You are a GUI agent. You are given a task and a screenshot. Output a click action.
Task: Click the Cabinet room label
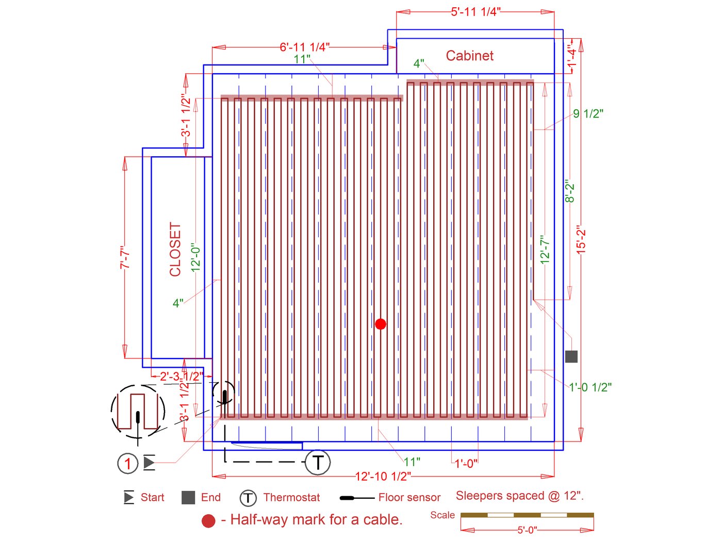pos(469,56)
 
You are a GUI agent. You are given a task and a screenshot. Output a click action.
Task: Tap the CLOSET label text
pos(175,249)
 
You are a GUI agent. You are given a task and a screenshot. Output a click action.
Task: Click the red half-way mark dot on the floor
pos(381,324)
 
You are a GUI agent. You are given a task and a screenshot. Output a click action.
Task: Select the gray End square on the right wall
pos(571,356)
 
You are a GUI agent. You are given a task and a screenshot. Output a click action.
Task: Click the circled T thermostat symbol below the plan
pos(318,462)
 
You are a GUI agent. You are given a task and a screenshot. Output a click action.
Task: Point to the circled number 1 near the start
pos(127,463)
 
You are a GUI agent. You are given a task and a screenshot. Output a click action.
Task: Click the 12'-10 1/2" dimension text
pos(383,476)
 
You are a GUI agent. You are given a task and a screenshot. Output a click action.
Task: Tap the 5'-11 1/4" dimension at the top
pos(475,12)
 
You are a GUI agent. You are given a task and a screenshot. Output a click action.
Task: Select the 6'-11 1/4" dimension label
pos(304,47)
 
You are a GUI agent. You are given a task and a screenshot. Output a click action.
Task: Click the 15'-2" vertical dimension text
pos(581,239)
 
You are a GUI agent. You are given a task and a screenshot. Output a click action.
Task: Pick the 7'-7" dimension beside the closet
pos(125,257)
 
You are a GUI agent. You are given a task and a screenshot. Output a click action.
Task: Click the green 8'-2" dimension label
pos(569,191)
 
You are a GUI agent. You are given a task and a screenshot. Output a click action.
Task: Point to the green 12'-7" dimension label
pos(545,250)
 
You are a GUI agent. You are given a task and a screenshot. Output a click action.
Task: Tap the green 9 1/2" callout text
pos(588,113)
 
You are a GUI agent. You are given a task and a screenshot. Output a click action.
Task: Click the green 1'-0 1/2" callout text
pos(590,387)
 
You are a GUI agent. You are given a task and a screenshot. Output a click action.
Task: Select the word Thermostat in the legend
pos(291,498)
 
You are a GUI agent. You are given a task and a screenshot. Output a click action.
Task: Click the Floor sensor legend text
pos(409,498)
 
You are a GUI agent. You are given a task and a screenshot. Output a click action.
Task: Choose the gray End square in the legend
pos(188,498)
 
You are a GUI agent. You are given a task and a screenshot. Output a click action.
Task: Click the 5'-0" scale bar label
pos(527,530)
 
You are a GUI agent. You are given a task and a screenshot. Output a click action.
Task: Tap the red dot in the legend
pos(208,521)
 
